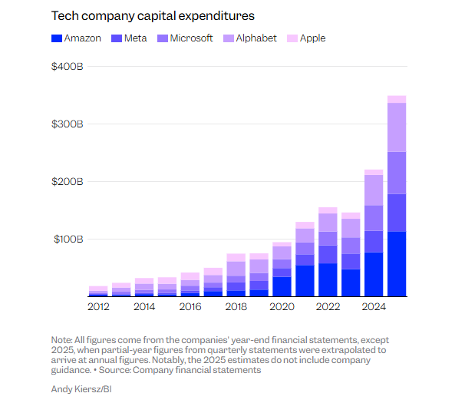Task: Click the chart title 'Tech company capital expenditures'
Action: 152,15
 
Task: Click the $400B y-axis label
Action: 67,67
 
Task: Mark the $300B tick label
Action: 67,124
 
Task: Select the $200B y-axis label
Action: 67,182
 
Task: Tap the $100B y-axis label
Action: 67,239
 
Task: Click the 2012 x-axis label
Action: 98,307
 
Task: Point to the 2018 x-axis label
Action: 236,307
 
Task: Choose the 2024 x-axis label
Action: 374,307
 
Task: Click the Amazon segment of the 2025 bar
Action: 397,263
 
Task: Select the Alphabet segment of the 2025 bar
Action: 397,127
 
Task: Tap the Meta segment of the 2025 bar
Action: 397,213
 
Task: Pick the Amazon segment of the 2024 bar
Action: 374,273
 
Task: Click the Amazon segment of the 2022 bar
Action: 328,279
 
